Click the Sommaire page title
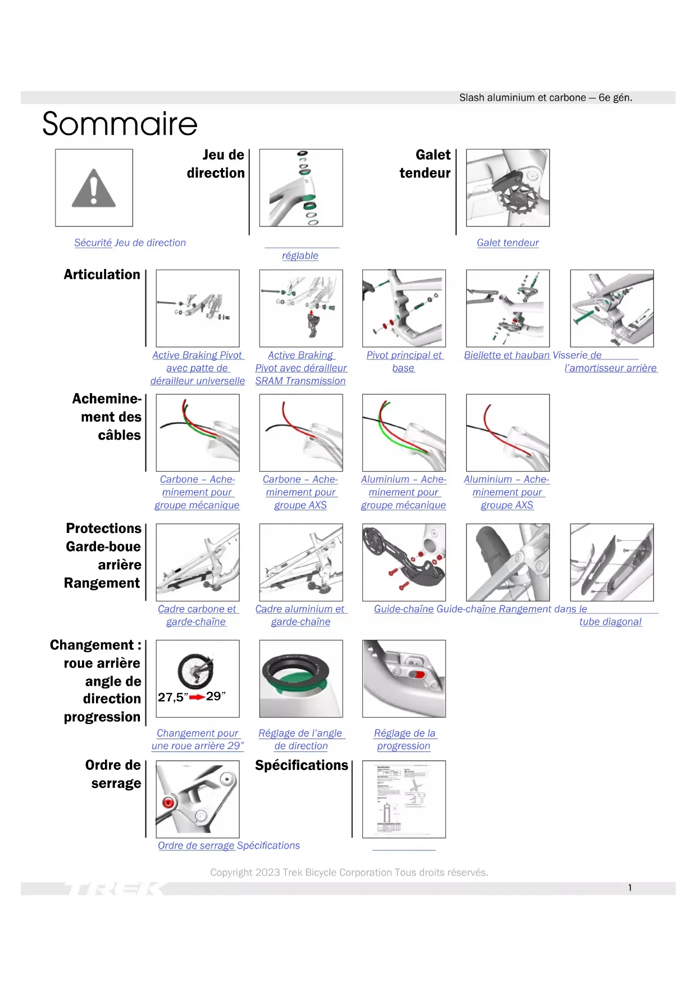tap(120, 124)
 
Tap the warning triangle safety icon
tap(94, 188)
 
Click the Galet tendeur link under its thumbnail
tap(507, 243)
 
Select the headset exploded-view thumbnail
tap(301, 188)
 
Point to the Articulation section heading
tap(102, 275)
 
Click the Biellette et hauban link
tap(507, 355)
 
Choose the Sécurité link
tap(93, 243)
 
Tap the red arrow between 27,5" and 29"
tap(197, 697)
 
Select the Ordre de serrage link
tap(196, 845)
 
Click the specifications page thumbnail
tap(404, 799)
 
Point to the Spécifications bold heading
tap(302, 765)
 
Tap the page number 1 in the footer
tap(630, 888)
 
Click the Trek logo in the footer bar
tap(112, 888)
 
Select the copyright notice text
tap(349, 872)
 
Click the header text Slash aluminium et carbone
tap(545, 98)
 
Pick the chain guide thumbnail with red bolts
tap(404, 562)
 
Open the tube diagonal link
tap(610, 622)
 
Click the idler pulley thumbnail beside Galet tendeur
tap(508, 188)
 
